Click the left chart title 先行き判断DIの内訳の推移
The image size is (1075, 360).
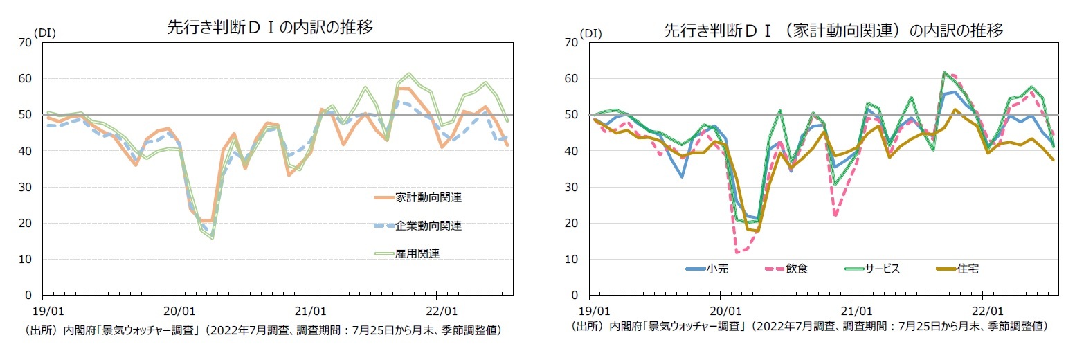[x=270, y=28]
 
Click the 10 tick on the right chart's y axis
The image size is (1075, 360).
[x=572, y=260]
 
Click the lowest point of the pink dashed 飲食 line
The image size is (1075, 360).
[x=737, y=251]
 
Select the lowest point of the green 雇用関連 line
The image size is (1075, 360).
[x=212, y=238]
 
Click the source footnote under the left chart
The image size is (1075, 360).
[x=263, y=330]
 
